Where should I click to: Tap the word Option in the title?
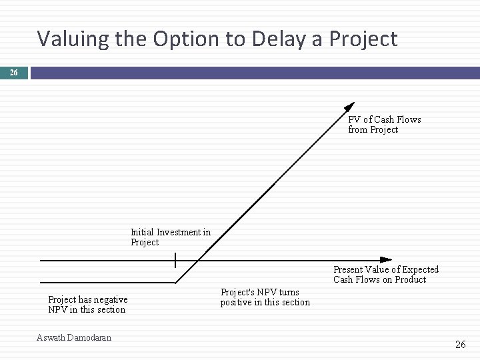[189, 39]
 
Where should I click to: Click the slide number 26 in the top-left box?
[14, 72]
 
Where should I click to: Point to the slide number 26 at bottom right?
[460, 345]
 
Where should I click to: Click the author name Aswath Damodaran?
[74, 337]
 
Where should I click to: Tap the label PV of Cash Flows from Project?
[384, 125]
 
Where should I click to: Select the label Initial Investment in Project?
[170, 237]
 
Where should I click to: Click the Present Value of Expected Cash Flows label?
[386, 274]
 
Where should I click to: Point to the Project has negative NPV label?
[87, 305]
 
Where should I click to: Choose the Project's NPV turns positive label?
[265, 297]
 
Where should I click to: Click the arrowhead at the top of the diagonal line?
[349, 106]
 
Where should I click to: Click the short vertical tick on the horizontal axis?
[175, 259]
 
